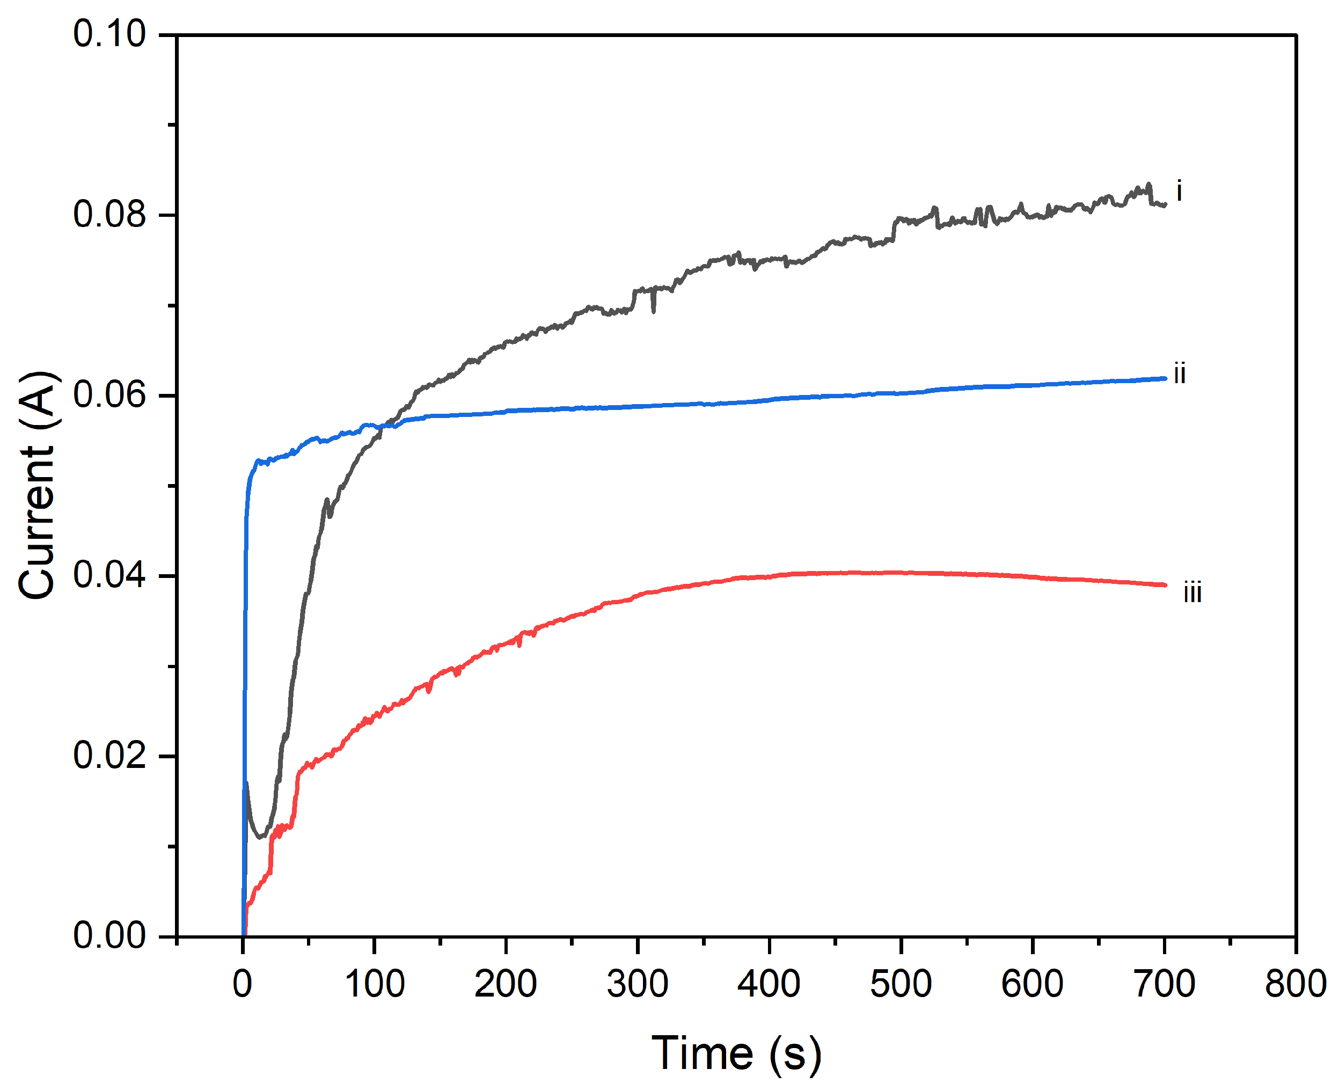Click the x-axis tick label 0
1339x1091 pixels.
pyautogui.click(x=243, y=984)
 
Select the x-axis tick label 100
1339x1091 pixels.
pyautogui.click(x=375, y=984)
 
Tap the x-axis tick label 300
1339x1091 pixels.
pyautogui.click(x=637, y=984)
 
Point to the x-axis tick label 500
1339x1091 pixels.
pyautogui.click(x=901, y=984)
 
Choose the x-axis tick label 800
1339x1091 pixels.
pyautogui.click(x=1296, y=984)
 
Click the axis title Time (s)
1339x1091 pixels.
pyautogui.click(x=736, y=1053)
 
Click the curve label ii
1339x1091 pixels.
pyautogui.click(x=1180, y=374)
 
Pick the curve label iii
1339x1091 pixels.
pyautogui.click(x=1192, y=592)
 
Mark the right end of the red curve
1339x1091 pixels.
pyautogui.click(x=1165, y=585)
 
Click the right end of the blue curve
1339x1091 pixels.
pyautogui.click(x=1165, y=378)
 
